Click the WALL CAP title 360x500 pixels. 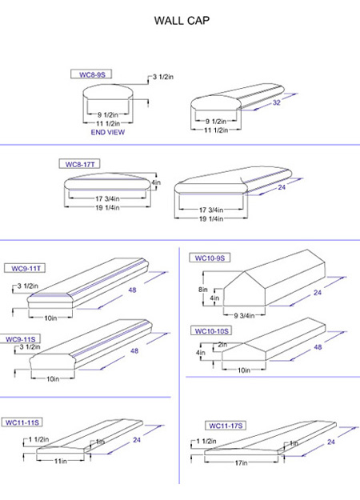tap(182, 21)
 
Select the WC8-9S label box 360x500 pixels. tap(91, 74)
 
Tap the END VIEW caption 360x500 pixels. tap(108, 132)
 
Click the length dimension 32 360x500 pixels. tap(277, 102)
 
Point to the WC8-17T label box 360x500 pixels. tap(80, 164)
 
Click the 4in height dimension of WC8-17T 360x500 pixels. tap(156, 182)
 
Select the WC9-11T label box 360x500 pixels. tap(25, 268)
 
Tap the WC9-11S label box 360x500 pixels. tap(21, 339)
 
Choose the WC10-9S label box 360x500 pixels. tap(210, 258)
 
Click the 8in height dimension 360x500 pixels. tap(202, 290)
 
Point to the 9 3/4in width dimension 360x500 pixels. tap(244, 316)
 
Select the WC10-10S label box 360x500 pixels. tap(211, 331)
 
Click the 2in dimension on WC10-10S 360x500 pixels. tap(222, 345)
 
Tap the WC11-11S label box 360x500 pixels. tap(22, 422)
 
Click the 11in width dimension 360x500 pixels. tap(60, 461)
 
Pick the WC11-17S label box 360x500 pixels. tap(226, 426)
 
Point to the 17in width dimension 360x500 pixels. tap(241, 462)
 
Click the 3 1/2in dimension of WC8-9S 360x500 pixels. tap(163, 77)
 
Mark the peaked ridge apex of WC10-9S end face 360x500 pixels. tap(244, 271)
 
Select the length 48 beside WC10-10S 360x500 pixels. tap(318, 347)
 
